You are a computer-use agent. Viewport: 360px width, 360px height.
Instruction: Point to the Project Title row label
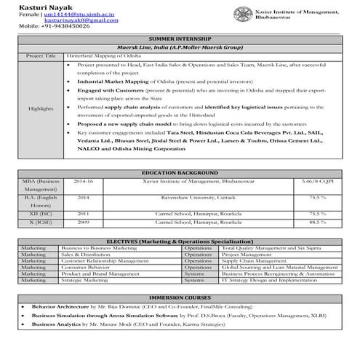[x=40, y=55]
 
